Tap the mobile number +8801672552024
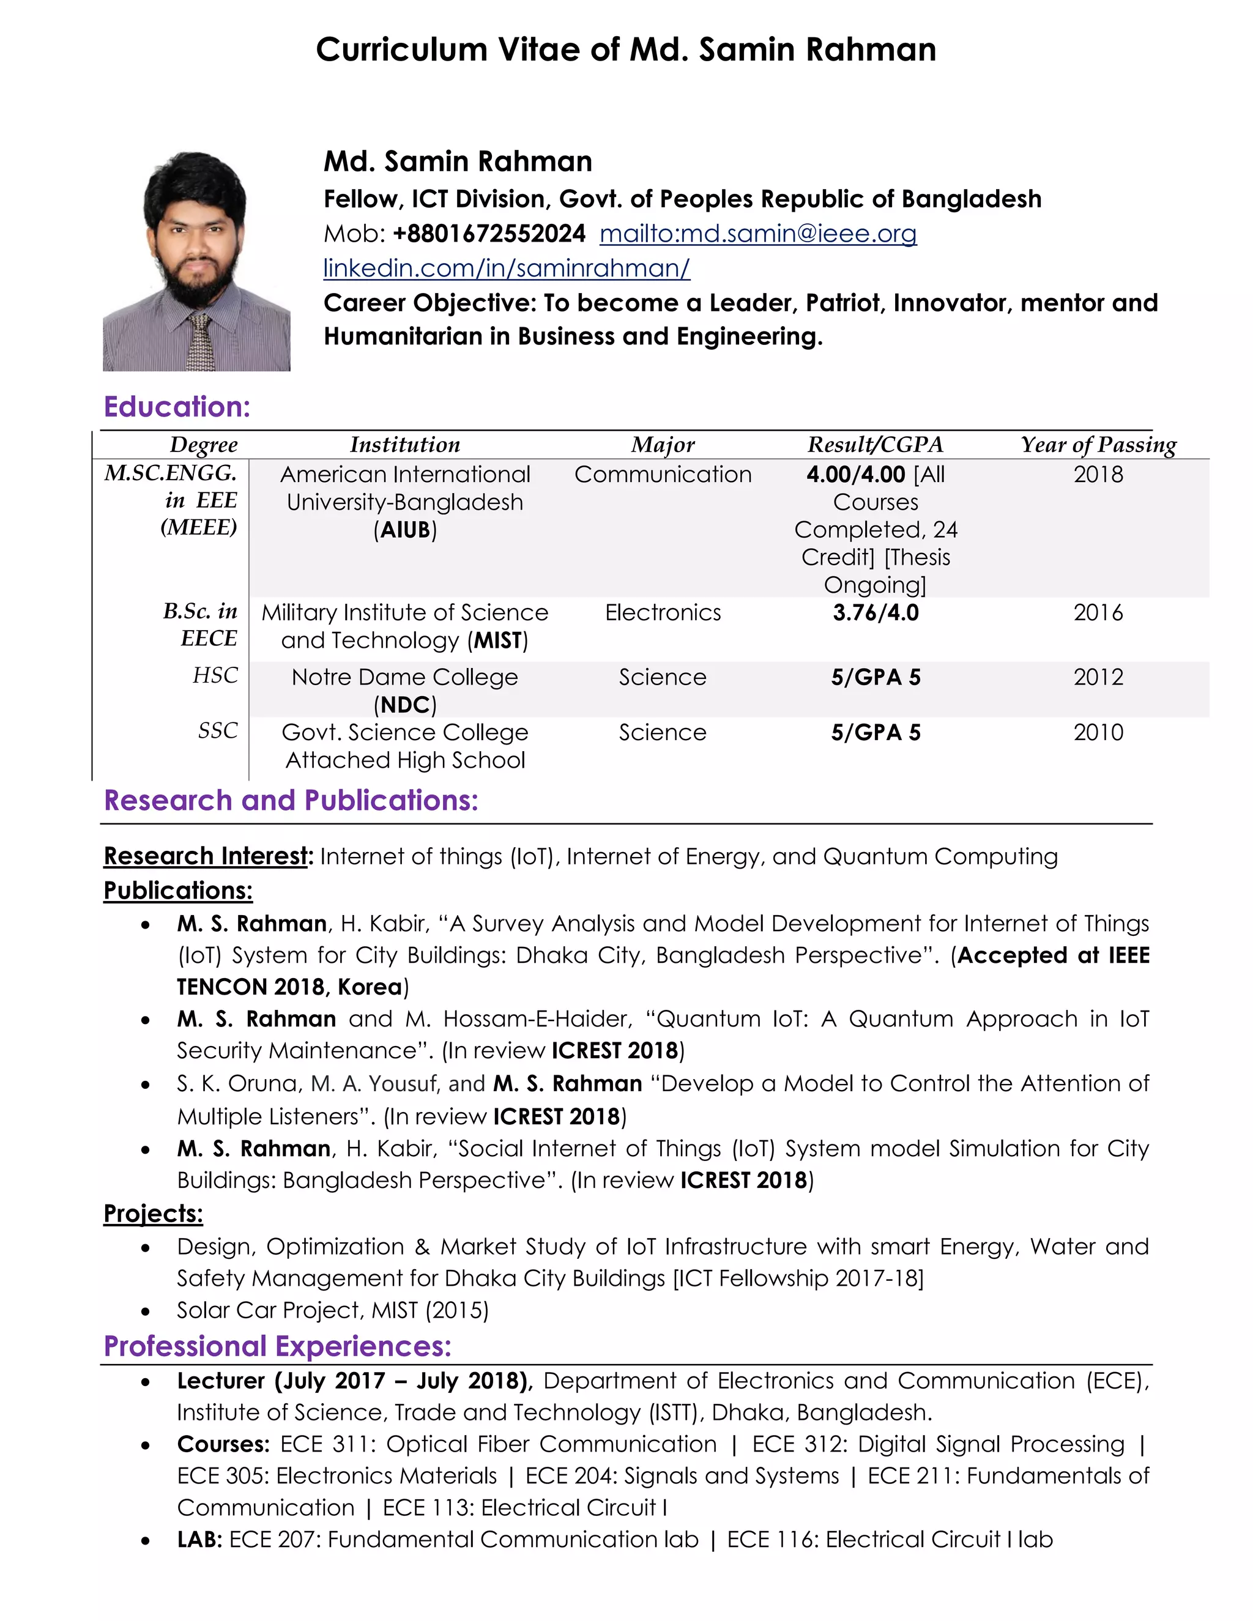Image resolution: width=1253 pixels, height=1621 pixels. pos(489,234)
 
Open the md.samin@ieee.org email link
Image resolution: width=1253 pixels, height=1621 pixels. pos(758,234)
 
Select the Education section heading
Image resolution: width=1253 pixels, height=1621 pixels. pos(177,407)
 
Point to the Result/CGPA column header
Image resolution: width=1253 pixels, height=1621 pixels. pos(875,445)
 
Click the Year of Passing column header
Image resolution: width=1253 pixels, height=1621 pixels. pos(1098,445)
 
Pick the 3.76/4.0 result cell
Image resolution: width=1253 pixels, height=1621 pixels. pos(875,613)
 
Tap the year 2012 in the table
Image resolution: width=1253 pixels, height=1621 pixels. pos(1098,677)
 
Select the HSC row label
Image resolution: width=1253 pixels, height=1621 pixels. pos(215,675)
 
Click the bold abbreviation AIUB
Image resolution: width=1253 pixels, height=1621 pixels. pos(405,530)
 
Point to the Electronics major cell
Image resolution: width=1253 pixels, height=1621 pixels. pos(663,613)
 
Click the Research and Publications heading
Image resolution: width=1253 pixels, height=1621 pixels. pos(291,801)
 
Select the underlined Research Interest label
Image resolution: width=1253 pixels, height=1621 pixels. pos(206,856)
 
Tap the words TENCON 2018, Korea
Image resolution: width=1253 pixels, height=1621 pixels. pos(289,987)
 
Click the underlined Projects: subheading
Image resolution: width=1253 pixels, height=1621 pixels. pos(153,1214)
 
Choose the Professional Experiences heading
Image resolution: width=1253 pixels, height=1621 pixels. pos(278,1346)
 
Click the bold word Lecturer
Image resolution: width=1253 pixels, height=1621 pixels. pos(220,1381)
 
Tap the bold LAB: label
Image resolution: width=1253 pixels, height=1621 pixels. pos(199,1540)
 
